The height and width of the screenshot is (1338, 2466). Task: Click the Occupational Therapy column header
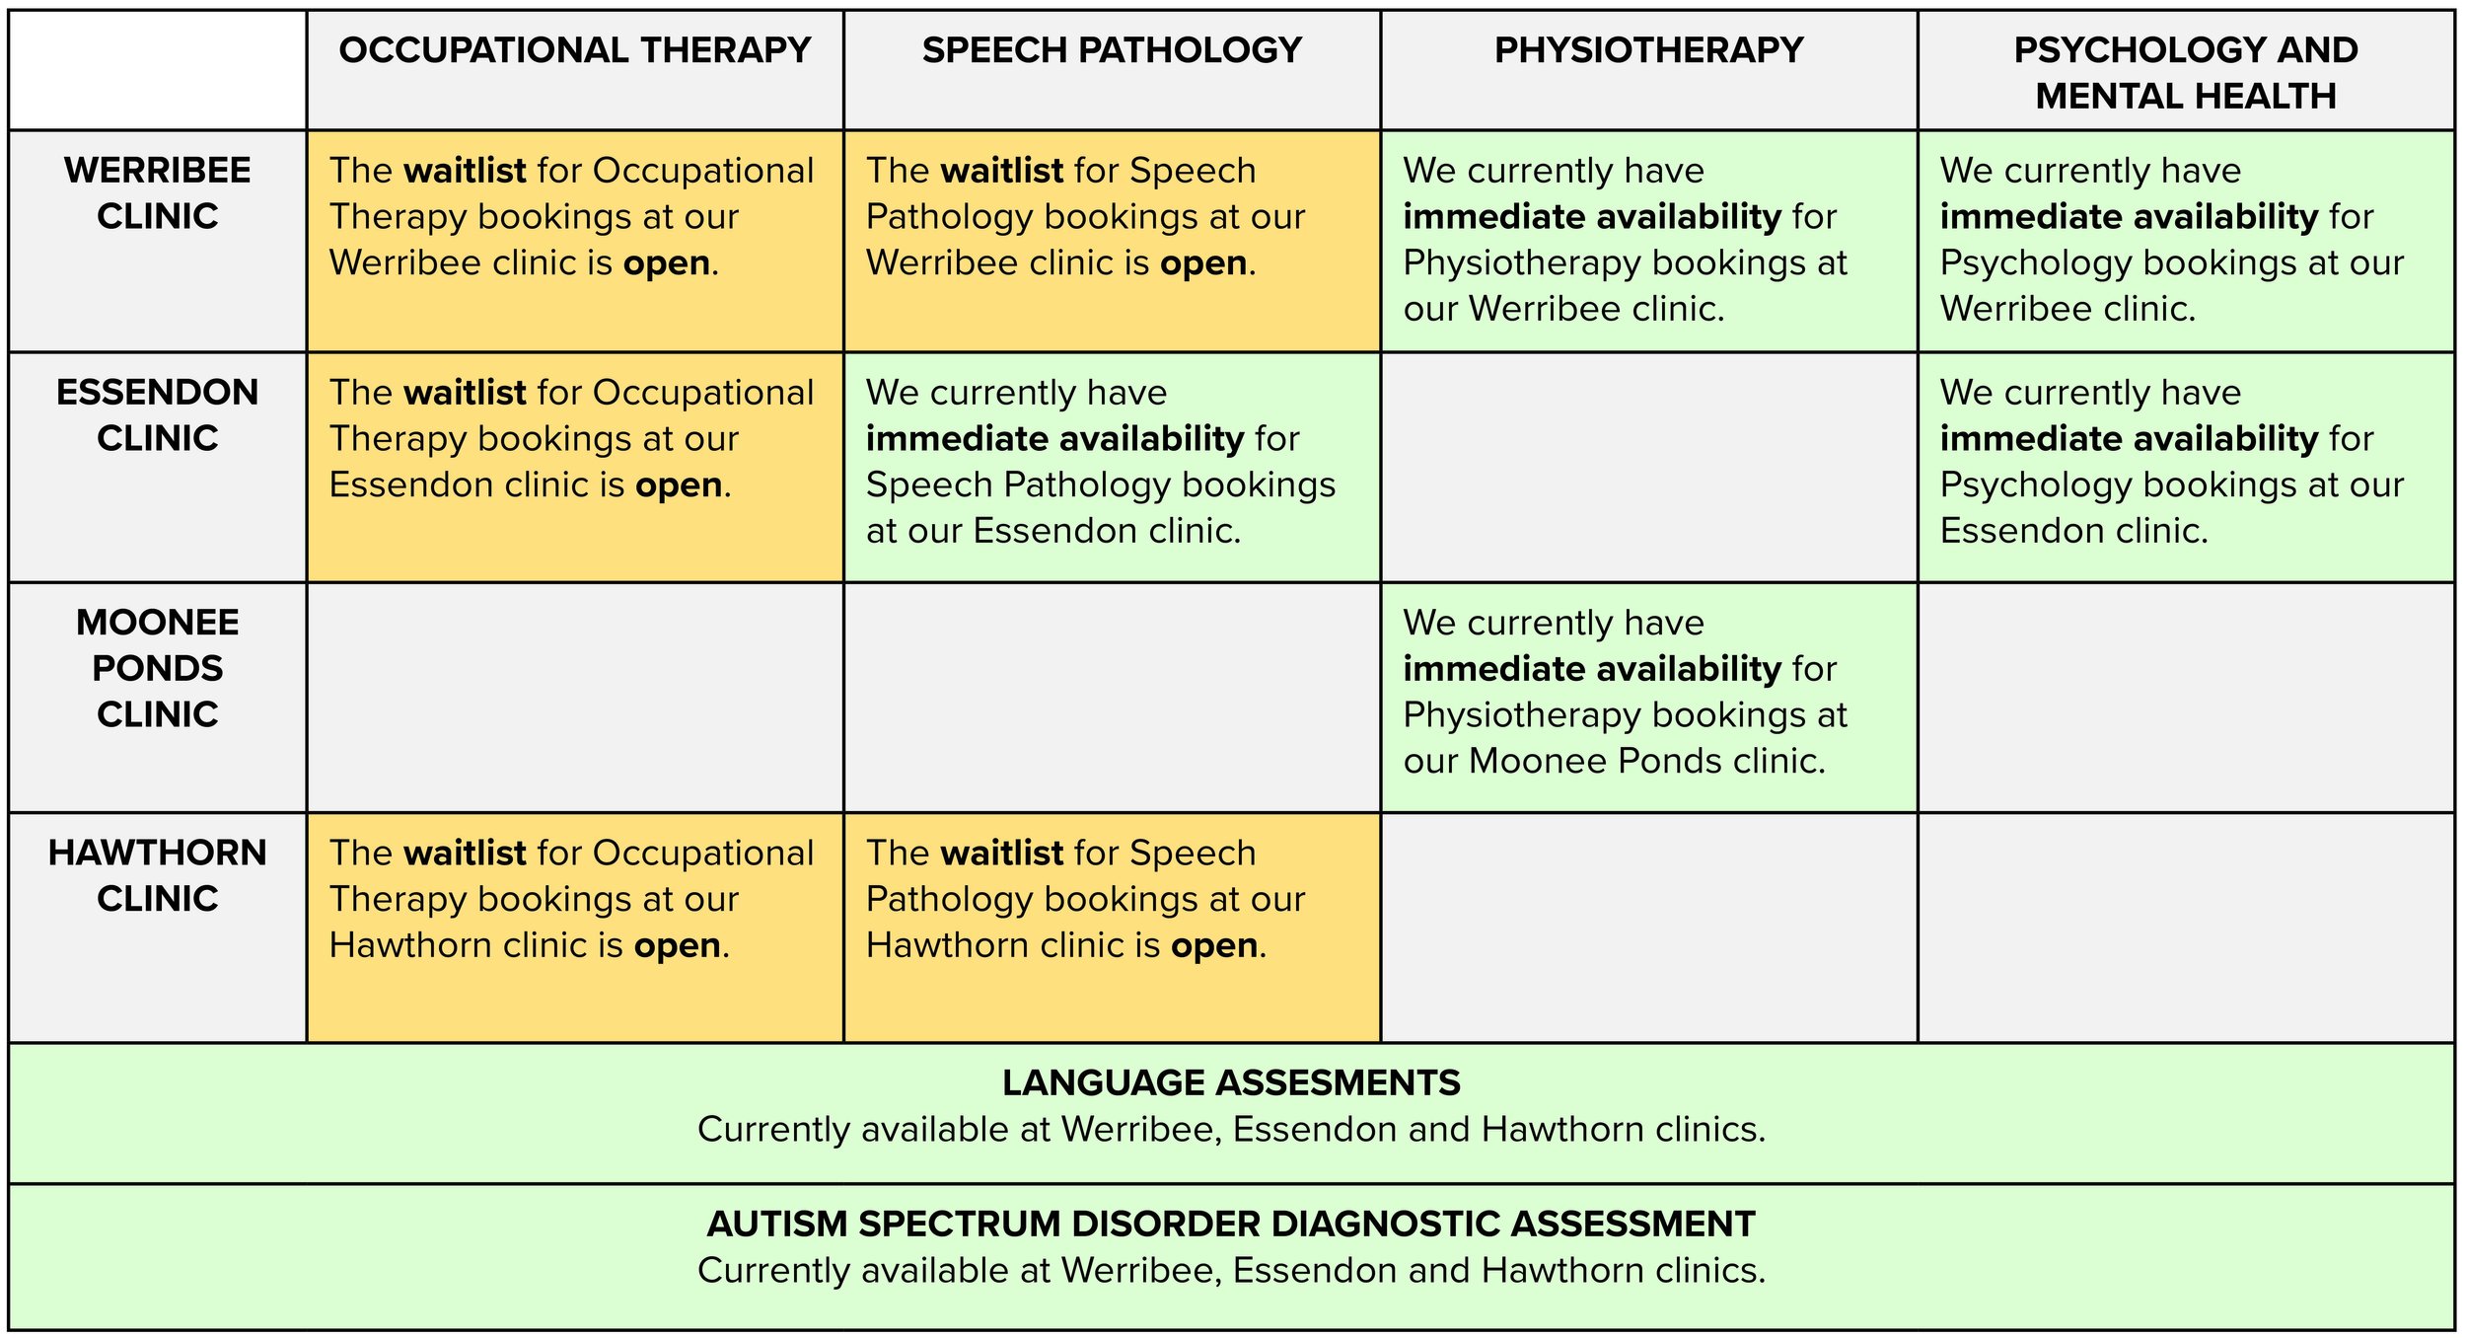coord(574,50)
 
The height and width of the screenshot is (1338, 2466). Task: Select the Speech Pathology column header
coord(1112,50)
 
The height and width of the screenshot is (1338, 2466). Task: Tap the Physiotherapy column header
coord(1648,50)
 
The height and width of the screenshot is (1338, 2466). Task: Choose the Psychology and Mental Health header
coord(2185,72)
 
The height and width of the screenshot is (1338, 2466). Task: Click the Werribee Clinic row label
coord(158,192)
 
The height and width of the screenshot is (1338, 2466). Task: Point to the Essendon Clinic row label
coord(158,414)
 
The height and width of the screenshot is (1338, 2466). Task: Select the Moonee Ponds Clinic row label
coord(158,668)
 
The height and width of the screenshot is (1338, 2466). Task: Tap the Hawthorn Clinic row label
coord(158,875)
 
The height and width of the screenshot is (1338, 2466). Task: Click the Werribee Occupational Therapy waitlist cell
coord(574,240)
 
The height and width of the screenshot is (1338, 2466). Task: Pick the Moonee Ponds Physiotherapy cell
coord(1648,696)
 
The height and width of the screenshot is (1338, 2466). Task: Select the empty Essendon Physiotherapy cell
coord(1648,467)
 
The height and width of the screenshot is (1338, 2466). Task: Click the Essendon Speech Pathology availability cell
coord(1112,467)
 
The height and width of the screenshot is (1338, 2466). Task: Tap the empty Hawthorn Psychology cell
coord(2185,927)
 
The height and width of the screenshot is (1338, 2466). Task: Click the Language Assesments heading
coord(1231,1082)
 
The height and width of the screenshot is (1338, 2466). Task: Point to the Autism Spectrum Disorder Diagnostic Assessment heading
coord(1231,1224)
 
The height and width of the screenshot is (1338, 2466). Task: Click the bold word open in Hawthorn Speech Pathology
coord(1214,945)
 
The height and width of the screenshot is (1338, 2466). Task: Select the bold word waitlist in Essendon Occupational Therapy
coord(465,393)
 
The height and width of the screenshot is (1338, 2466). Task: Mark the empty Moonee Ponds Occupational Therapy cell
coord(574,696)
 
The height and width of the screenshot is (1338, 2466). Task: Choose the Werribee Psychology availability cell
coord(2185,240)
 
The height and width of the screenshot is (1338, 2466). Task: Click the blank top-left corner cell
coord(158,70)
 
